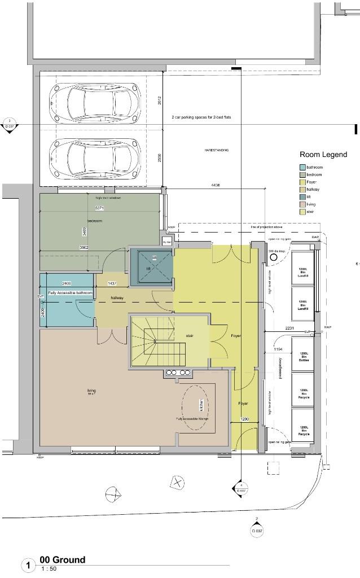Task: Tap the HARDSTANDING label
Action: [216, 150]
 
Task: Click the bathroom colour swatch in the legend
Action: [302, 168]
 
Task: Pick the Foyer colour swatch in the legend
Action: [302, 182]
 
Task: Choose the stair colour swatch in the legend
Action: [302, 212]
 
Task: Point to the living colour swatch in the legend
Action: [302, 204]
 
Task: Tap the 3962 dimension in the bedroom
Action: [84, 247]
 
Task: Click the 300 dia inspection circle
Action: [275, 257]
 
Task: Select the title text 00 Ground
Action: [62, 560]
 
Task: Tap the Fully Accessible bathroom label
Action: [70, 293]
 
